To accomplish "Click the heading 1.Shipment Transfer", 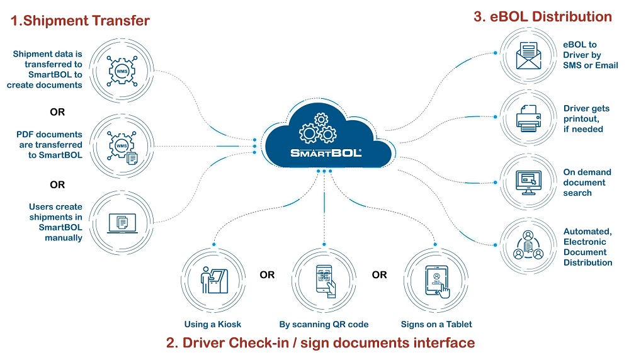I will [x=80, y=21].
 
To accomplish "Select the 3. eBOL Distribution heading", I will [x=542, y=17].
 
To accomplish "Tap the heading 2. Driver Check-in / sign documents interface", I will [x=320, y=343].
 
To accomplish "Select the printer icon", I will [x=528, y=119].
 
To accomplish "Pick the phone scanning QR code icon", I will [x=324, y=279].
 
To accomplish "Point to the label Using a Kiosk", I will [x=213, y=325].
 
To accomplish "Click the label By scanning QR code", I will [x=324, y=325].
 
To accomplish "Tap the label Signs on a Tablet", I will [x=436, y=325].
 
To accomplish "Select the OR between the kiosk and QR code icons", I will [x=267, y=275].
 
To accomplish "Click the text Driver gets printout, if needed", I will [x=586, y=119].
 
